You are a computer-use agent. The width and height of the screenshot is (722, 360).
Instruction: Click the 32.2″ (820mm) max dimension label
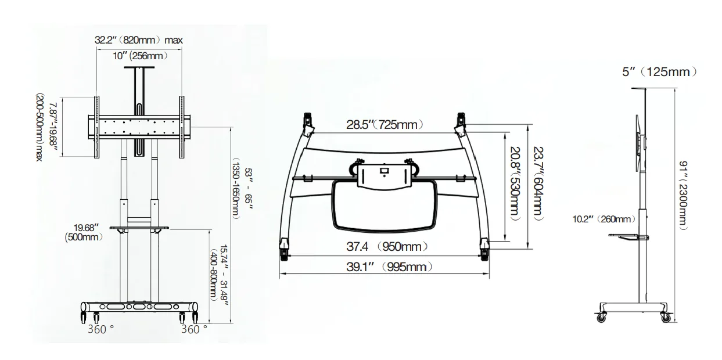pos(139,40)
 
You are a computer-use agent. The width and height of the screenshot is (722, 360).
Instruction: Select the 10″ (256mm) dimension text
pos(140,56)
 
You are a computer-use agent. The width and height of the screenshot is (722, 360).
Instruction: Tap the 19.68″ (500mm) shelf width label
pos(84,232)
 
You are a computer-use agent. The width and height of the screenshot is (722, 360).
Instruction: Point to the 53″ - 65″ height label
pos(242,188)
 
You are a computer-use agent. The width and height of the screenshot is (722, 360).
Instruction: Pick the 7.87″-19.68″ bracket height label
pos(46,127)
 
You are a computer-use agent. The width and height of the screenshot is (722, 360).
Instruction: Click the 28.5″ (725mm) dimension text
pos(385,124)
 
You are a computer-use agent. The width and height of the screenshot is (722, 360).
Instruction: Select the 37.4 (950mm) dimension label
pos(387,247)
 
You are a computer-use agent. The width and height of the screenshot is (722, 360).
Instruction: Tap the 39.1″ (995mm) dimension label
pos(389,267)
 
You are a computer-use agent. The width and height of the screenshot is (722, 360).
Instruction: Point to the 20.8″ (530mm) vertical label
pos(515,184)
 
